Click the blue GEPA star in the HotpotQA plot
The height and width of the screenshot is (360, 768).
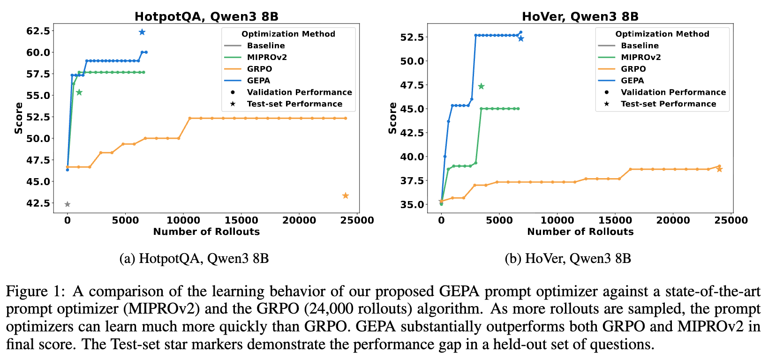(x=142, y=32)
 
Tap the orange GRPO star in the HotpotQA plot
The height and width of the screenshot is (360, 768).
(x=346, y=195)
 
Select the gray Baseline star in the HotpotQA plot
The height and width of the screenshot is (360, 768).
(x=68, y=204)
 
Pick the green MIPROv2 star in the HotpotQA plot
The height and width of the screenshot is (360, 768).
(x=79, y=92)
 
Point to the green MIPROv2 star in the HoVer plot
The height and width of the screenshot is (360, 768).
(x=481, y=86)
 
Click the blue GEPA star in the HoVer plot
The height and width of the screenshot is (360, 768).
(x=521, y=38)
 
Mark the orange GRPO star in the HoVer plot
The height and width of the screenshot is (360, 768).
(x=720, y=169)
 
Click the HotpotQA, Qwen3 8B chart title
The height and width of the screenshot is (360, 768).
(x=206, y=17)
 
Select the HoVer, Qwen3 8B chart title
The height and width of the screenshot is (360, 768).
(x=580, y=17)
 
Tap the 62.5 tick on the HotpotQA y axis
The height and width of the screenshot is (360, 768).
(x=38, y=31)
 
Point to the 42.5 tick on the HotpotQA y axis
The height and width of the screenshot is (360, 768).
(x=38, y=203)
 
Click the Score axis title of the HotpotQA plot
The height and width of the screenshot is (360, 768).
(x=19, y=118)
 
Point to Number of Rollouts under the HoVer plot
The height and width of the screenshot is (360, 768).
(x=580, y=232)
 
